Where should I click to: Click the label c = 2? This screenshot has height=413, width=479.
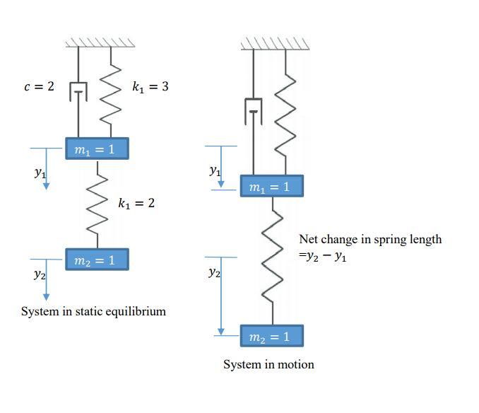point(39,86)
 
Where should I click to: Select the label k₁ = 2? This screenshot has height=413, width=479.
point(136,203)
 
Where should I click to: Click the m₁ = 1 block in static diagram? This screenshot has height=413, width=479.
point(97,149)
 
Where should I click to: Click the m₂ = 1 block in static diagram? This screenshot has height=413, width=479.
point(97,260)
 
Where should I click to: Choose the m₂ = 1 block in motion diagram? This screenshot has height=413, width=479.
point(271,336)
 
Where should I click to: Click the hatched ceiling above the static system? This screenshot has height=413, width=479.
point(100,42)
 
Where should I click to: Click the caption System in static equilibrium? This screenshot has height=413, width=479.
point(93,311)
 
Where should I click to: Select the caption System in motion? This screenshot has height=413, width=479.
point(268,364)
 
